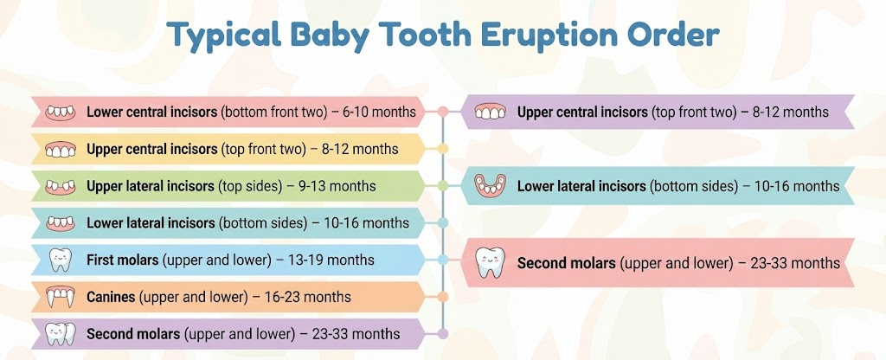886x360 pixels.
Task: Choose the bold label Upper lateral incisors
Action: (151, 186)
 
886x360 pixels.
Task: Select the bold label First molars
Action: (122, 260)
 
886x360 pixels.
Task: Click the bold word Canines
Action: (111, 297)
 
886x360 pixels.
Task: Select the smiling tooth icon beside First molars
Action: (60, 260)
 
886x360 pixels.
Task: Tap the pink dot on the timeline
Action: (443, 112)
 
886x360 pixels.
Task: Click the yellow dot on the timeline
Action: (443, 149)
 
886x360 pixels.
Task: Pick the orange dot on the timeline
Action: (443, 297)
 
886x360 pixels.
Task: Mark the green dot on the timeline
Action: (443, 186)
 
